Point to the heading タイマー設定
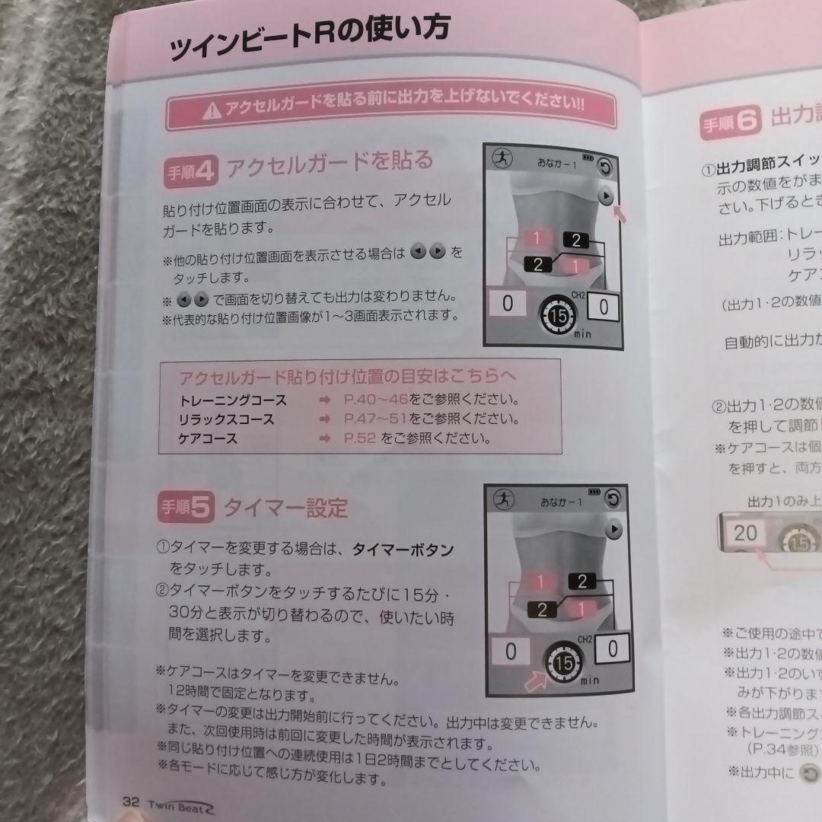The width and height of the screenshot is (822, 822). pos(285,508)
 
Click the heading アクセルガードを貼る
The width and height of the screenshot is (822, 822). pos(330,163)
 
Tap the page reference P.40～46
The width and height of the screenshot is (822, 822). pos(375,400)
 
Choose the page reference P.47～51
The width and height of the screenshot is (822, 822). pos(375,419)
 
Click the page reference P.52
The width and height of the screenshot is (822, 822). pos(360,438)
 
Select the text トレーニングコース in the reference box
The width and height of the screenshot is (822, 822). pos(232,400)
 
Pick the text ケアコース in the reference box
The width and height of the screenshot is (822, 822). pos(208,439)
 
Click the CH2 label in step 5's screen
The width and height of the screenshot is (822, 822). pos(585,639)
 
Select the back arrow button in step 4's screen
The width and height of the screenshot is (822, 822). pos(604,167)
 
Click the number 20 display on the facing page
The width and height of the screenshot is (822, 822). pos(745,533)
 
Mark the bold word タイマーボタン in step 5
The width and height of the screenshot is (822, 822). pos(403,550)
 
